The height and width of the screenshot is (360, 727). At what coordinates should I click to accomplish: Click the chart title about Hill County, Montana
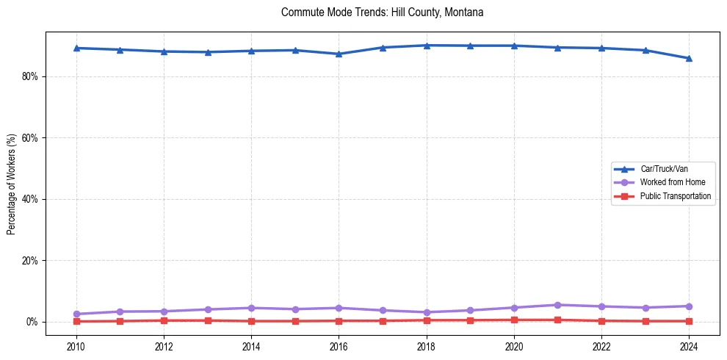click(x=382, y=12)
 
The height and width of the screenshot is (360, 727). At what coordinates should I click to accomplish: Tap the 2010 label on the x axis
click(x=76, y=345)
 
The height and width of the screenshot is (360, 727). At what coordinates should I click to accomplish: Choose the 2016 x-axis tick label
click(x=339, y=345)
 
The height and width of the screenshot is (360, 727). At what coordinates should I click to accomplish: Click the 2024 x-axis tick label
click(x=689, y=345)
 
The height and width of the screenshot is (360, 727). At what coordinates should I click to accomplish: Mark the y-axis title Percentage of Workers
click(x=12, y=184)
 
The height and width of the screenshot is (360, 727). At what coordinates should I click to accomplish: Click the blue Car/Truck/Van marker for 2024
click(x=689, y=58)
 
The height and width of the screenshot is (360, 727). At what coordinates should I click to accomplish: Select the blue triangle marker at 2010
click(x=76, y=48)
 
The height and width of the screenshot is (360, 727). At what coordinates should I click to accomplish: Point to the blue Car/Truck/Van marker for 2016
click(x=339, y=54)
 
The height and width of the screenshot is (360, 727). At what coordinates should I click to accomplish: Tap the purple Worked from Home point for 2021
click(x=557, y=305)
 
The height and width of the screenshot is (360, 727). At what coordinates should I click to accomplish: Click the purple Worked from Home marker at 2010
click(x=76, y=314)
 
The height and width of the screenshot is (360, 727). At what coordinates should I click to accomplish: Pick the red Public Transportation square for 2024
click(x=689, y=321)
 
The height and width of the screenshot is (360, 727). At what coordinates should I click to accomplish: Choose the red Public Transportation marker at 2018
click(x=426, y=320)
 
